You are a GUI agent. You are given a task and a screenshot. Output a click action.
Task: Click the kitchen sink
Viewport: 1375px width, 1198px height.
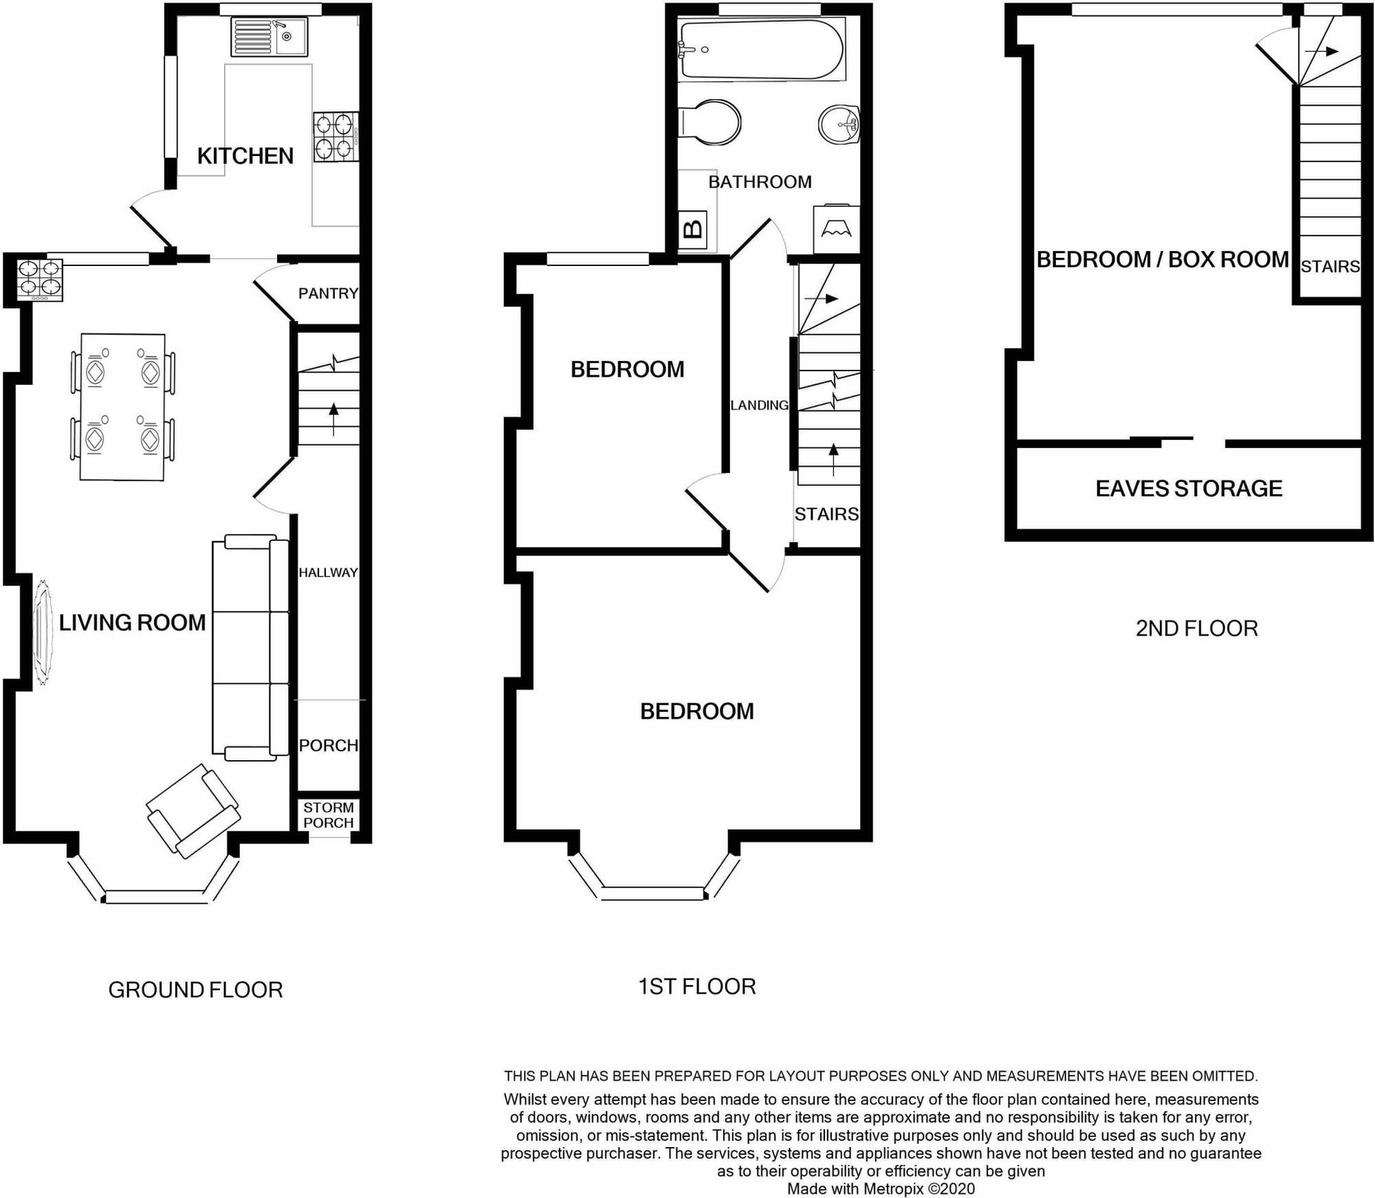coord(269,36)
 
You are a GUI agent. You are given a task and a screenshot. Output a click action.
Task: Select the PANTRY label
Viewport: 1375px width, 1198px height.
coord(328,293)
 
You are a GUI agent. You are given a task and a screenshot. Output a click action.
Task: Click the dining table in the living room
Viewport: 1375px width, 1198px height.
coord(122,406)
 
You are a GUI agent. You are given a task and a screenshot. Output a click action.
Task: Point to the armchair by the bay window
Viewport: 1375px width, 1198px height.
coord(193,811)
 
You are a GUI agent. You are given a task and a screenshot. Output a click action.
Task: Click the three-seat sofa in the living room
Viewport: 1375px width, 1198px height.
coord(251,647)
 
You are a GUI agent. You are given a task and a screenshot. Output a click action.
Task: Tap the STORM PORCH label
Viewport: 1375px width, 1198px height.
coord(329,815)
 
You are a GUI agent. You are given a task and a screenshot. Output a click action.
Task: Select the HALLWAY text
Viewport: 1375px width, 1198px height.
coord(328,573)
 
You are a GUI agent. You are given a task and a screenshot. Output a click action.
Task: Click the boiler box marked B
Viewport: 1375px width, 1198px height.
coord(694,230)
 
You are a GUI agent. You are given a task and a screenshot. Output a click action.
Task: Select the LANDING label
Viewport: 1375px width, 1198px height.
coord(759,406)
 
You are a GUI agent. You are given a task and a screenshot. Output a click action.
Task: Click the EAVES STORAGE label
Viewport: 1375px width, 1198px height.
coord(1189,489)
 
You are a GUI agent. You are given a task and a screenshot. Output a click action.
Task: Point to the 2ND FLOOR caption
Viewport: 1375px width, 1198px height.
coord(1196,628)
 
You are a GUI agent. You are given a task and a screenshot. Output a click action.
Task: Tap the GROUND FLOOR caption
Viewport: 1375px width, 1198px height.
coord(195,990)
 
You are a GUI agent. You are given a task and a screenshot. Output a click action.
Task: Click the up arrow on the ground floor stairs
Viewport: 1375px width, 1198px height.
coord(334,420)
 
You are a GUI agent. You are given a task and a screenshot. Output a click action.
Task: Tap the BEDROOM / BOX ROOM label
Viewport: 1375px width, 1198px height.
coord(1163,260)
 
